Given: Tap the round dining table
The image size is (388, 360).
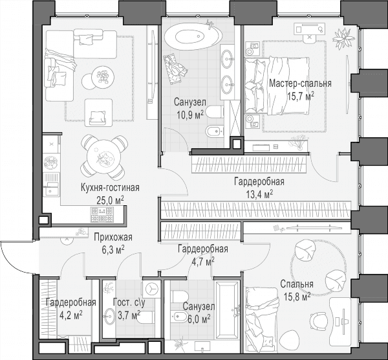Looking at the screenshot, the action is click(104, 157).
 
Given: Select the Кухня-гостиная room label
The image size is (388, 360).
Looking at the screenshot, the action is click(110, 188).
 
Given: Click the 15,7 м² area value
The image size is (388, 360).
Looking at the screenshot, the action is click(301, 96).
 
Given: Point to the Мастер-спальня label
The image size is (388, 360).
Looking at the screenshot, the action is click(300, 84).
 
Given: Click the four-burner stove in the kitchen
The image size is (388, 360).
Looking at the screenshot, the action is click(102, 214).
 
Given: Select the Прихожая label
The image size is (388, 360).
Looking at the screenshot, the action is click(113, 238).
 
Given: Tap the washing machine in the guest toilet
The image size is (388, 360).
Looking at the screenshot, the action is click(151, 289).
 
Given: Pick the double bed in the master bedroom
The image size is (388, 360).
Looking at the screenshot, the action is click(277, 86).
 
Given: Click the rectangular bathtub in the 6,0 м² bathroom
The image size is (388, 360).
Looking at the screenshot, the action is click(228, 309).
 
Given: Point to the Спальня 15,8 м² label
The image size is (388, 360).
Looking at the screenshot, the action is click(297, 290).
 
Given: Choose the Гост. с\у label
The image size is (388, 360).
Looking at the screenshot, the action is click(129, 302).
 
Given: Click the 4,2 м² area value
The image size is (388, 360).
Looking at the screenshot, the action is click(71, 315).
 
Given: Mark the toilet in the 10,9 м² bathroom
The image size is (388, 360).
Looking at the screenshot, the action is click(214, 112).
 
